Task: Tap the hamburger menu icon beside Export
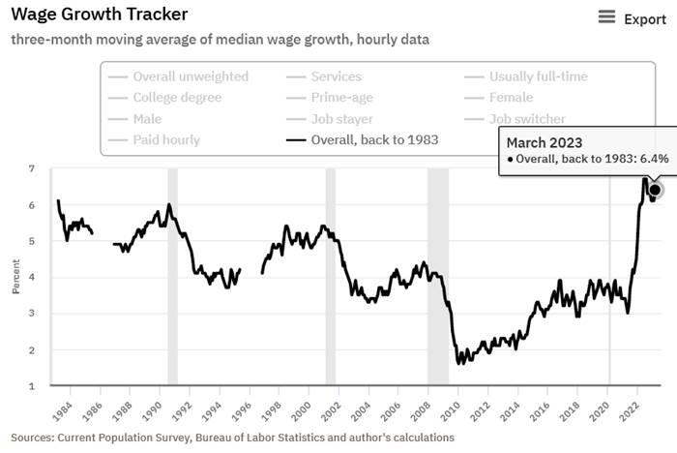(x=607, y=17)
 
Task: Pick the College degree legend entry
(x=177, y=97)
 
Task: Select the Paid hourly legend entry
(x=166, y=139)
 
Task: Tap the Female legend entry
(x=512, y=97)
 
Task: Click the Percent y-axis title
(x=15, y=278)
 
